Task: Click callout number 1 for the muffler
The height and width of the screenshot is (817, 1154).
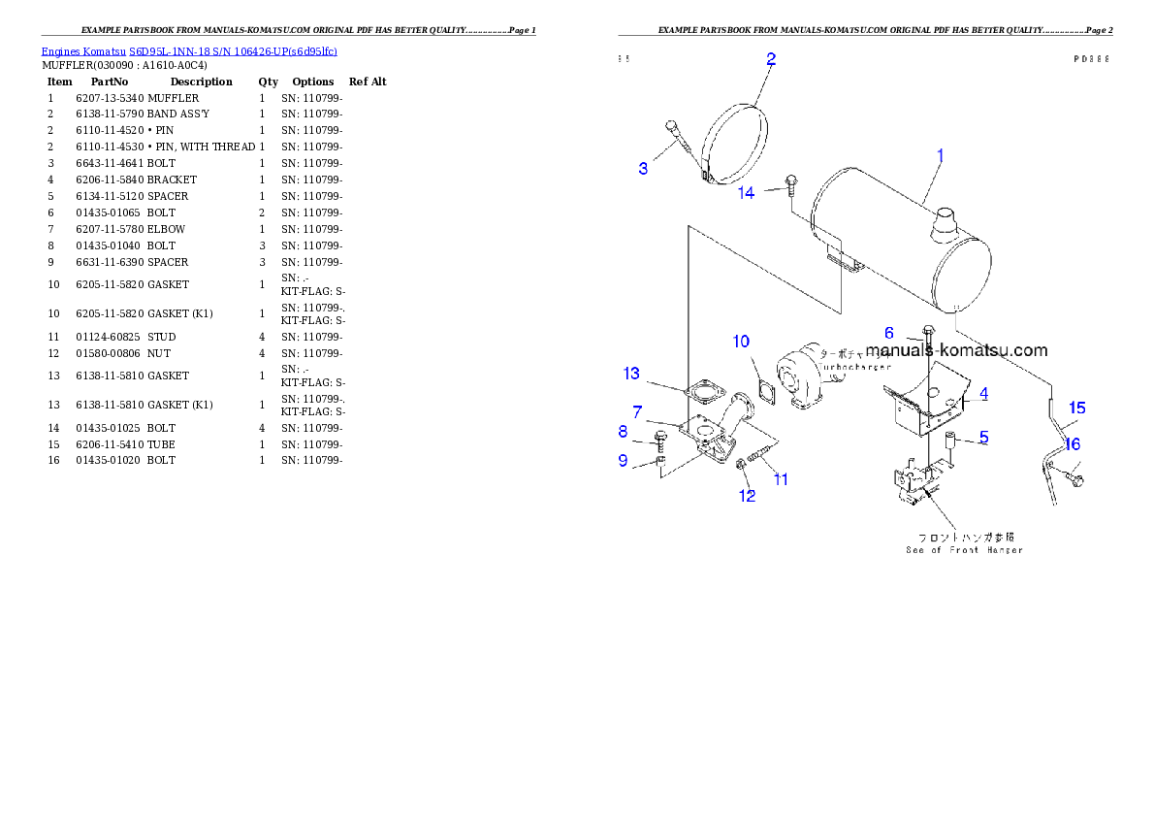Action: click(x=939, y=155)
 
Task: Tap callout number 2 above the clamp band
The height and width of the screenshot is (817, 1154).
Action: click(x=771, y=59)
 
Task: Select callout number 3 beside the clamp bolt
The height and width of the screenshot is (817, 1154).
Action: click(x=643, y=169)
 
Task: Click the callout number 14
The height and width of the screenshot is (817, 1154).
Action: click(x=746, y=193)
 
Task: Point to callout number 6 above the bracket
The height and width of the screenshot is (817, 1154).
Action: click(x=888, y=333)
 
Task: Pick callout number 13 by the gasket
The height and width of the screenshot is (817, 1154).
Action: click(x=631, y=374)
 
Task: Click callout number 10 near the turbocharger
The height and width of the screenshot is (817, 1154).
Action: click(x=741, y=342)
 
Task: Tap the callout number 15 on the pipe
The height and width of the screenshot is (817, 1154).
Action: click(x=1076, y=408)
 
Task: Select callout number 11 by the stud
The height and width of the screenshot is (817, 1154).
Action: click(x=781, y=478)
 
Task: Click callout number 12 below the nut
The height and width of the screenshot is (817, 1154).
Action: click(x=747, y=496)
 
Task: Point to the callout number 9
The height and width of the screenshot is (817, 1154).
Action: click(x=624, y=460)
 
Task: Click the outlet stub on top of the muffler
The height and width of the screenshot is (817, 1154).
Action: click(x=943, y=230)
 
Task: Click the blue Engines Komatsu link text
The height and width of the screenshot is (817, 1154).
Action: click(x=189, y=50)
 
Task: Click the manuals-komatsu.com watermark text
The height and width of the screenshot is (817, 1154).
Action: click(x=956, y=350)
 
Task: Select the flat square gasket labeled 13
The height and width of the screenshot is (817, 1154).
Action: click(x=702, y=395)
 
